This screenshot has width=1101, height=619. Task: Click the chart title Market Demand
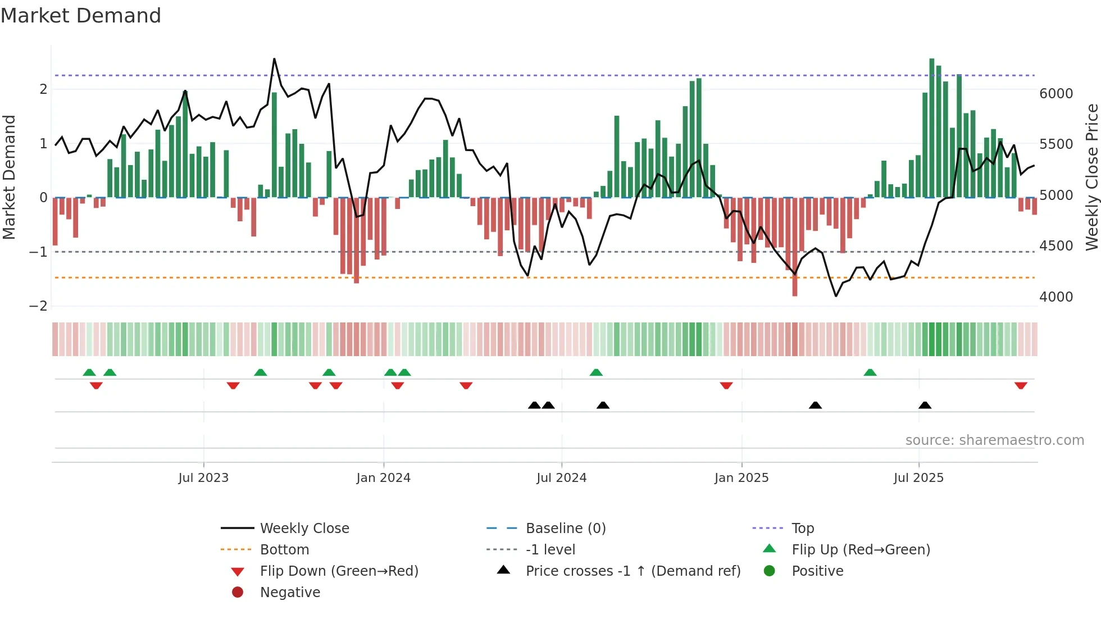81,15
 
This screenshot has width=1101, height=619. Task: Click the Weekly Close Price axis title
1091,177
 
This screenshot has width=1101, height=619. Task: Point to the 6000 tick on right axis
1055,93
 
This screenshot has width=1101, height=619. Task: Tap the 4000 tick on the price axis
1055,297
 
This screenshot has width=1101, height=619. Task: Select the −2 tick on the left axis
38,306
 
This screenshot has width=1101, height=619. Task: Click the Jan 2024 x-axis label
383,477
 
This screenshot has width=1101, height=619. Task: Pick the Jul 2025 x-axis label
918,477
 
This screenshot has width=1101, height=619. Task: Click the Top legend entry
802,528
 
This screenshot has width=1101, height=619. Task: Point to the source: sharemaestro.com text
994,440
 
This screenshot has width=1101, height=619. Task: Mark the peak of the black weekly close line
274,59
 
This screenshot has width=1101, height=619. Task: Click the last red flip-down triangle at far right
1021,385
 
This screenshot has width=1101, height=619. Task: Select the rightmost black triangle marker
925,405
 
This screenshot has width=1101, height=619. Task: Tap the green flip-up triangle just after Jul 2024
596,372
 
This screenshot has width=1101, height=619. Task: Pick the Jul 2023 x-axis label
203,477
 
